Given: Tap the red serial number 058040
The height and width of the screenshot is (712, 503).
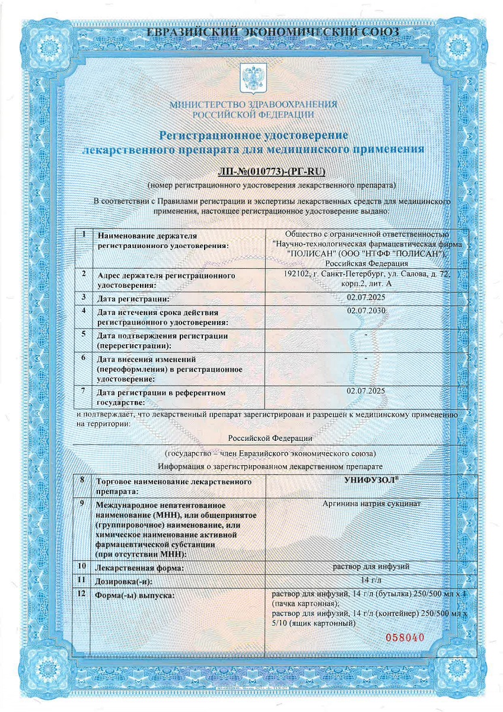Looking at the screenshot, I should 406,638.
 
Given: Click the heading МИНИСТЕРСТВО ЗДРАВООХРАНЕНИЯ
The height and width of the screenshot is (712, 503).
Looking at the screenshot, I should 253,104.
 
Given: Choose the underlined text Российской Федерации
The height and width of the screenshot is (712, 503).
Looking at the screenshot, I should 270,438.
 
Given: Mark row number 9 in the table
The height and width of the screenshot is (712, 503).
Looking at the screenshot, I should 84,503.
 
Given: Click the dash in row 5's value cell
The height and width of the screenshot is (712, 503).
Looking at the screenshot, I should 366,335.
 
